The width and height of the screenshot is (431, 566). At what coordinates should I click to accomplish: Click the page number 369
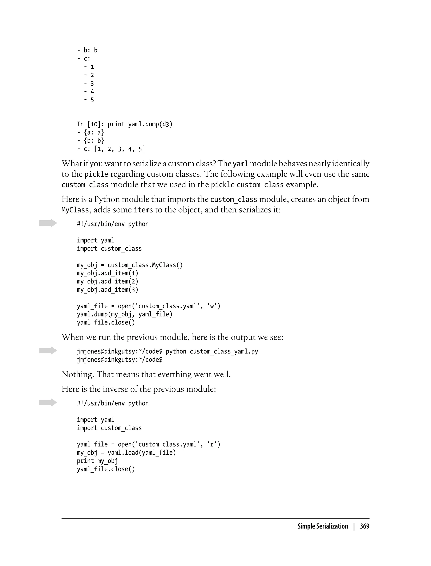(x=364, y=526)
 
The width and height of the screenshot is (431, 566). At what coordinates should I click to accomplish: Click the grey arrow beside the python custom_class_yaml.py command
(x=48, y=350)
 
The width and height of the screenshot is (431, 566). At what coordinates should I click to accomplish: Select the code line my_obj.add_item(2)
(x=108, y=282)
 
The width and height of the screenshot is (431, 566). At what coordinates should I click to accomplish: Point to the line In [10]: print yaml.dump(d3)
(x=125, y=124)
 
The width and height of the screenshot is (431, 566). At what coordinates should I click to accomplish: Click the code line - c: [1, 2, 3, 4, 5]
(x=111, y=149)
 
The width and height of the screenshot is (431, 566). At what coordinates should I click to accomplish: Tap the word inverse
(x=115, y=389)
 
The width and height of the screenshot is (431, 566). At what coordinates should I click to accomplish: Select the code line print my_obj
(x=97, y=461)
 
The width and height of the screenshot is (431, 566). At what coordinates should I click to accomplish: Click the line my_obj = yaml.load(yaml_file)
(x=126, y=453)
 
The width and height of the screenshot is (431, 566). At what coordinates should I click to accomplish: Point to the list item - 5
(x=89, y=100)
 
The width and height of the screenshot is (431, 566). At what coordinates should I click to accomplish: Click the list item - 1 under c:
(x=89, y=67)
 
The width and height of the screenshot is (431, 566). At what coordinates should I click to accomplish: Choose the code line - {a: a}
(x=90, y=132)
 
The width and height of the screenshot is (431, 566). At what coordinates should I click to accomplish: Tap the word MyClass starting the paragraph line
(x=75, y=210)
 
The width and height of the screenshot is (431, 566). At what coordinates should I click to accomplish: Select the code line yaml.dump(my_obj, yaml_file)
(x=125, y=314)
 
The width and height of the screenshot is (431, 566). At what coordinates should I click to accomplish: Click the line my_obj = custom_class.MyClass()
(x=130, y=265)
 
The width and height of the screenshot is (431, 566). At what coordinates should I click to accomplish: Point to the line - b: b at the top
(x=87, y=50)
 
